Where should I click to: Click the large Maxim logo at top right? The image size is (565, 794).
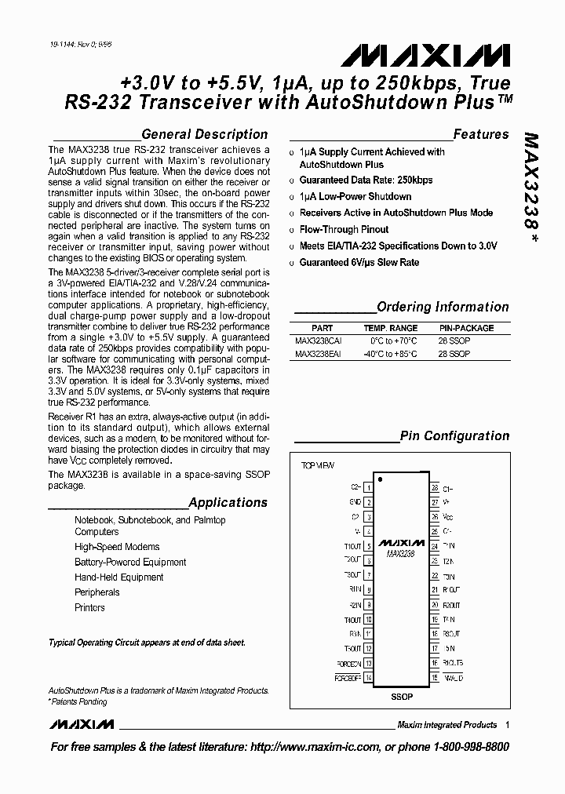[425, 55]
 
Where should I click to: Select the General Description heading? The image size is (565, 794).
[204, 134]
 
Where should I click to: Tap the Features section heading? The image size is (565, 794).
[480, 134]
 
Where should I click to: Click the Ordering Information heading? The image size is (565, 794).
[443, 307]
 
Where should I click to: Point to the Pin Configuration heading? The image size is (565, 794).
[454, 435]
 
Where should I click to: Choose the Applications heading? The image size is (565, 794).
[228, 502]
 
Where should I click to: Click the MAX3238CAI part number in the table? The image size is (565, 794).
[319, 341]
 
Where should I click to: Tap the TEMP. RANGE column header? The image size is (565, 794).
[390, 328]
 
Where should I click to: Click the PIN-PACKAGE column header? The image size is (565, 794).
[466, 328]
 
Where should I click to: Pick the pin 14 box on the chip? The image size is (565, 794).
[368, 677]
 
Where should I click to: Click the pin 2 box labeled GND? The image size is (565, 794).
[368, 502]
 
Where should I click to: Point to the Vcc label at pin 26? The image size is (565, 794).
[448, 517]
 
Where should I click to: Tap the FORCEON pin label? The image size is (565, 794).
[348, 663]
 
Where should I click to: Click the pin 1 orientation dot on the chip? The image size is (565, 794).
[381, 478]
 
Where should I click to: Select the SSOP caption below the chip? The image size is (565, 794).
[401, 697]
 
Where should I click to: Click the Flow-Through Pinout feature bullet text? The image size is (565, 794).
[344, 230]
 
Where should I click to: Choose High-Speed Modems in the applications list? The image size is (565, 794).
[117, 547]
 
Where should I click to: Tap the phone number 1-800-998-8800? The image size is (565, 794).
[471, 747]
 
